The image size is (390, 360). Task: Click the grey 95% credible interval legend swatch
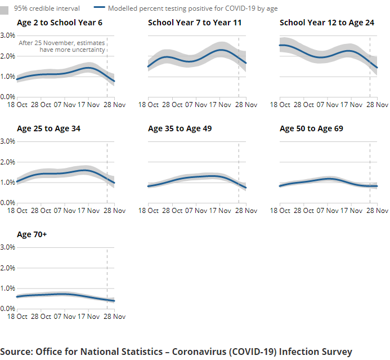pos(5,8)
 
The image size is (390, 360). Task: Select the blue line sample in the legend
pos(98,8)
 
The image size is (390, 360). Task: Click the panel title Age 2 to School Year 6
pos(60,23)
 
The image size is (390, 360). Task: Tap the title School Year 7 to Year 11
pos(195,23)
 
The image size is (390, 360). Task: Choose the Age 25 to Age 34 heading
pos(48,128)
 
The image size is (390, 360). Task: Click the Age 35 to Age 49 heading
pos(180,128)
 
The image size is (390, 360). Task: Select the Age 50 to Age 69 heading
pos(311,128)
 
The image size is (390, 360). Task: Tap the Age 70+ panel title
pos(32,234)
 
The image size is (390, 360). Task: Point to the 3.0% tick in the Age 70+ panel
pos(7,247)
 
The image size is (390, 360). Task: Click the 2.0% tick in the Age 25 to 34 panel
pos(7,162)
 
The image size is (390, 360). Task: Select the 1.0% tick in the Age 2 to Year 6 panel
pos(7,77)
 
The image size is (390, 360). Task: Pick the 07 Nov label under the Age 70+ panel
pos(66,317)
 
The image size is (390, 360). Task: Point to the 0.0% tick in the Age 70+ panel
pos(7,309)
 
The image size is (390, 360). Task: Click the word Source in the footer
pos(16,352)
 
